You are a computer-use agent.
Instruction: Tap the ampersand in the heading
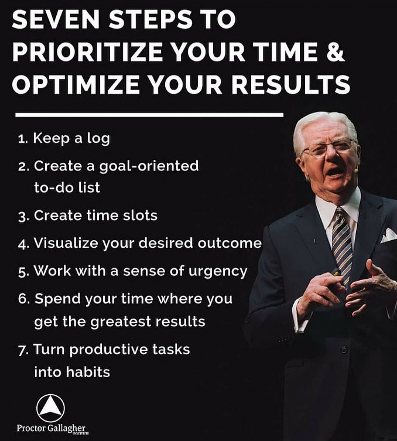click(336, 52)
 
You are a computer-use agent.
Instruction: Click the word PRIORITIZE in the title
click(87, 52)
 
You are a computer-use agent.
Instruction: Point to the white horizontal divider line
click(149, 115)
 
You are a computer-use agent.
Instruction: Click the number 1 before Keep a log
click(21, 139)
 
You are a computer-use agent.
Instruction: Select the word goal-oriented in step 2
click(149, 166)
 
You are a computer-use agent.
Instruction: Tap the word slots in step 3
click(141, 216)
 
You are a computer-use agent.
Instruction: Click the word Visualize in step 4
click(66, 243)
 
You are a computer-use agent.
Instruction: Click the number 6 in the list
click(22, 299)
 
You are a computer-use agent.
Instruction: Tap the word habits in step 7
click(88, 372)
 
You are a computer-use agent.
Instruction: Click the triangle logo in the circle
click(50, 408)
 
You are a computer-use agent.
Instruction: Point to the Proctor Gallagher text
click(51, 428)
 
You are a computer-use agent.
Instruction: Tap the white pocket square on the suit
click(388, 236)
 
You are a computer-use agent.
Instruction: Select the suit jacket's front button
click(344, 350)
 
